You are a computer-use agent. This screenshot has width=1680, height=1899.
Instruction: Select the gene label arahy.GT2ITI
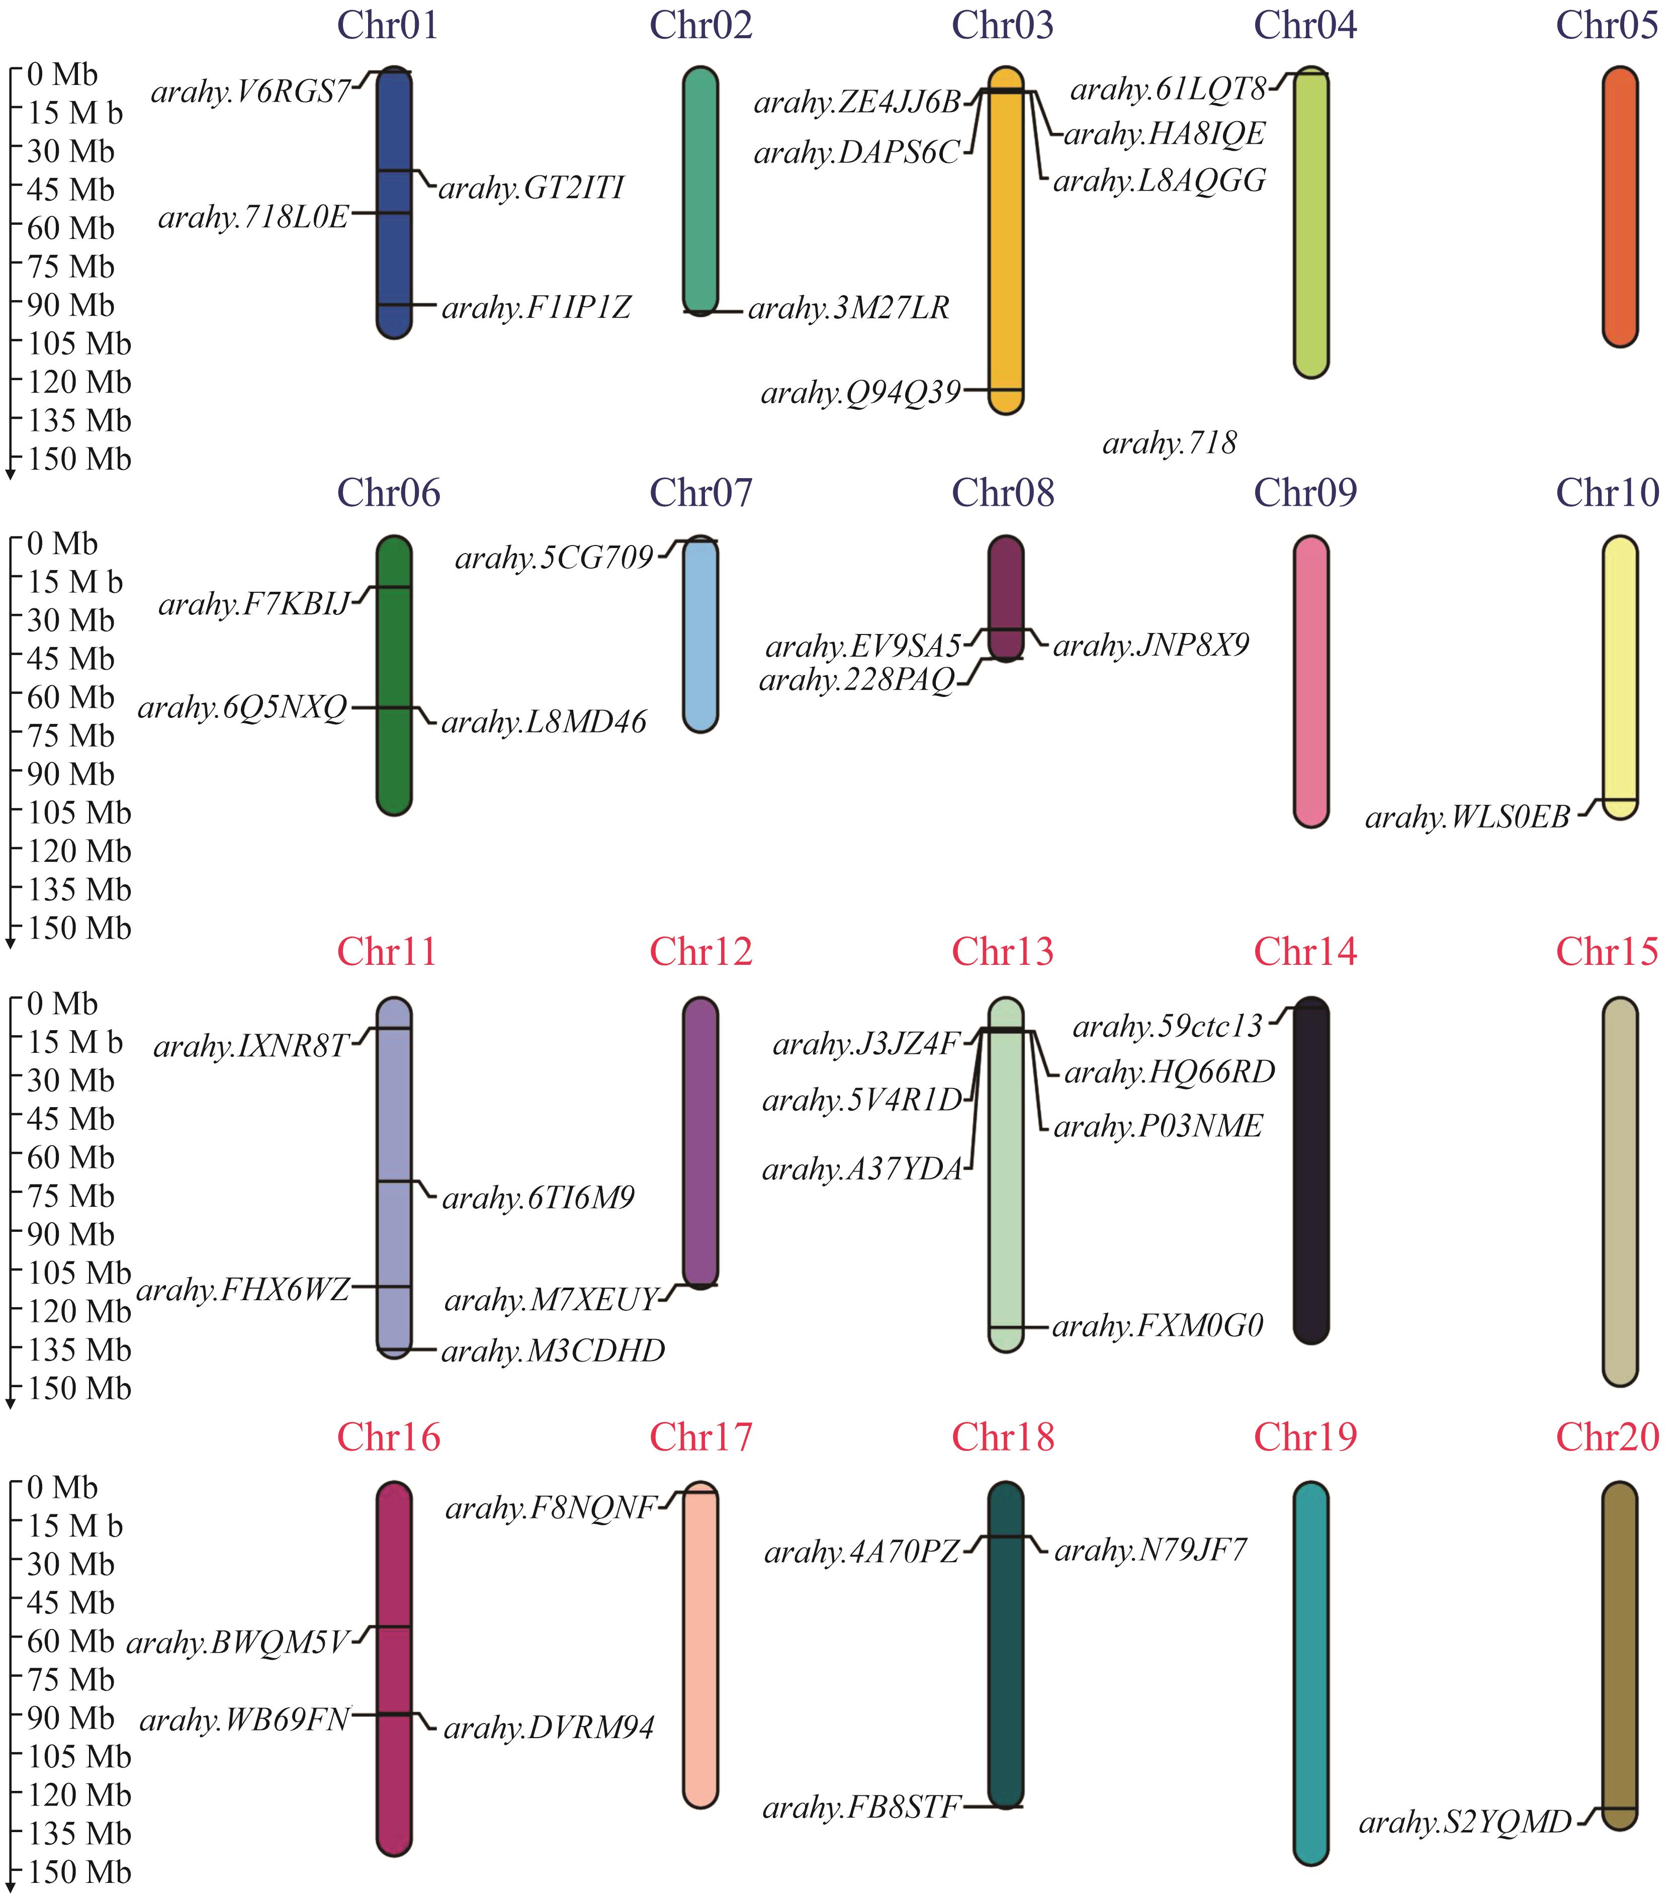coord(532,189)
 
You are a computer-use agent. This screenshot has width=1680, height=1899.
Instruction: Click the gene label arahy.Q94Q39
coord(860,394)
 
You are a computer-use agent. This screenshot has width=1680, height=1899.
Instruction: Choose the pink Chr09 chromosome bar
coord(1311,681)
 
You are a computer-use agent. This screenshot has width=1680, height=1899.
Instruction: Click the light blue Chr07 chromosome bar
coord(700,635)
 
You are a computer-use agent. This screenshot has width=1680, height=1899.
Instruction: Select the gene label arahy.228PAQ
coord(857,681)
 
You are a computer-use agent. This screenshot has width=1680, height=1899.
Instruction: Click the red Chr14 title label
coord(1305,951)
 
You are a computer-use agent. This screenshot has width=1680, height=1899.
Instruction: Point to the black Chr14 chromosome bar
coord(1311,1170)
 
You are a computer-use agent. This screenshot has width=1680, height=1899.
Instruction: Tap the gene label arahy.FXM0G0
coord(1158,1326)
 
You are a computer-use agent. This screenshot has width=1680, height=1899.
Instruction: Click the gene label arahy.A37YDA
coord(862,1169)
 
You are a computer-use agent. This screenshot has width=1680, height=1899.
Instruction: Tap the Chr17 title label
coord(700,1437)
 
